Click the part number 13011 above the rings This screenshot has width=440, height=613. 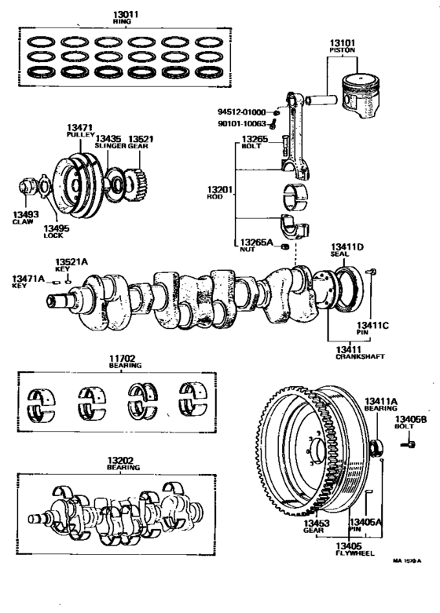coord(126,14)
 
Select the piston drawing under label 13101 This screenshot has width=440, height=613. coord(361,96)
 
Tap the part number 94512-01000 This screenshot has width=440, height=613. coord(241,112)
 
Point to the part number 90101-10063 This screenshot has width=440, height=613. coord(241,124)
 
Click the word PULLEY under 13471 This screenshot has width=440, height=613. coord(80,134)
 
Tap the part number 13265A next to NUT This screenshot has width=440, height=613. coord(256,243)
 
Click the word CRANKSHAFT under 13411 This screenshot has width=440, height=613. coord(360,356)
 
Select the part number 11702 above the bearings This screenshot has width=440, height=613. coord(122,358)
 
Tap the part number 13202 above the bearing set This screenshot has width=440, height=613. coord(120,461)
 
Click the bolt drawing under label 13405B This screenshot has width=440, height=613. coord(409,444)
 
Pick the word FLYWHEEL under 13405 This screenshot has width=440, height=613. coord(355,553)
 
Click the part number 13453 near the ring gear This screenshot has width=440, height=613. coord(317,523)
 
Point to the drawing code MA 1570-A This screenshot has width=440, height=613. coord(407,561)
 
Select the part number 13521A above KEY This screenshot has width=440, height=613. coord(71,261)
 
